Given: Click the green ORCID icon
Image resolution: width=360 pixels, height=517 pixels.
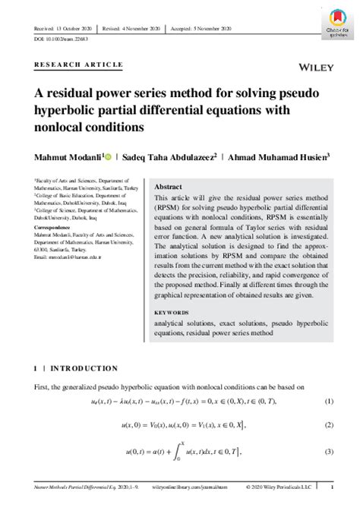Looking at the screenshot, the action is coord(109,157).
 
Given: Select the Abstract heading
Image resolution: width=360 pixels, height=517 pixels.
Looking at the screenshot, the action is coord(168,187).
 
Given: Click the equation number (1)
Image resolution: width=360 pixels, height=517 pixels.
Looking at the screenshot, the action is coord(329,401).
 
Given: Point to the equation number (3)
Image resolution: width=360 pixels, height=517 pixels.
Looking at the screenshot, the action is coord(329,452).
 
